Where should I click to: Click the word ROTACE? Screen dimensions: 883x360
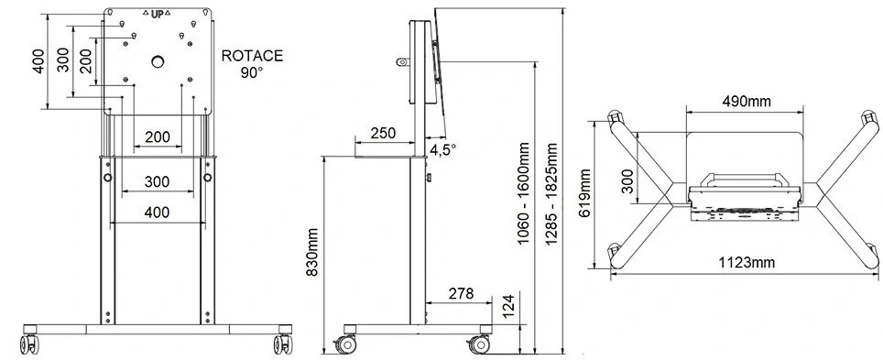click(x=252, y=57)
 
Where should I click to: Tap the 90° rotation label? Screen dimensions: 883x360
click(x=252, y=72)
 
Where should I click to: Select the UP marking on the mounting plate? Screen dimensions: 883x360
click(x=158, y=15)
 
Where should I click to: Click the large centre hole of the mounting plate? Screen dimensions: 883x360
click(x=158, y=60)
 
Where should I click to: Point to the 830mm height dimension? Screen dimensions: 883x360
click(x=312, y=253)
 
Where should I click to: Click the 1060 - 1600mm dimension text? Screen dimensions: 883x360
click(x=524, y=194)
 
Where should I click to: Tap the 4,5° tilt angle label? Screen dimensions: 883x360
click(x=442, y=150)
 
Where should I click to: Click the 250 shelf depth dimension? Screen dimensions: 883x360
click(x=383, y=134)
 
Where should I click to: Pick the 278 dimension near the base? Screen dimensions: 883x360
click(x=462, y=293)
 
